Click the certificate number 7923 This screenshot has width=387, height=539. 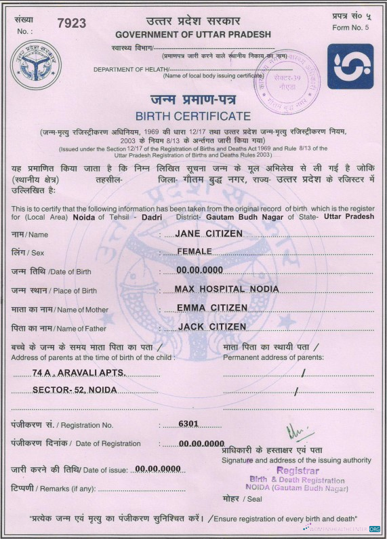pos(72,24)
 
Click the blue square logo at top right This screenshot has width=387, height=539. pos(350,66)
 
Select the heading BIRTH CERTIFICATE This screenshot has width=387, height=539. pos(193,116)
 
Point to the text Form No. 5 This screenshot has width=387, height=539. pos(350,28)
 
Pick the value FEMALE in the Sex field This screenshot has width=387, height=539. pos(195,252)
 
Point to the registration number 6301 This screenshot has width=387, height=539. pos(188,424)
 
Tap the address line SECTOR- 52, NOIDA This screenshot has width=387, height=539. pos(75,390)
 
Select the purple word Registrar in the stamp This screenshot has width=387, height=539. pos(298,471)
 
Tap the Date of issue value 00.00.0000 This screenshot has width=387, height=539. pos(158,469)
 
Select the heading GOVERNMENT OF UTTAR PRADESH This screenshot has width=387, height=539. pos(193,35)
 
